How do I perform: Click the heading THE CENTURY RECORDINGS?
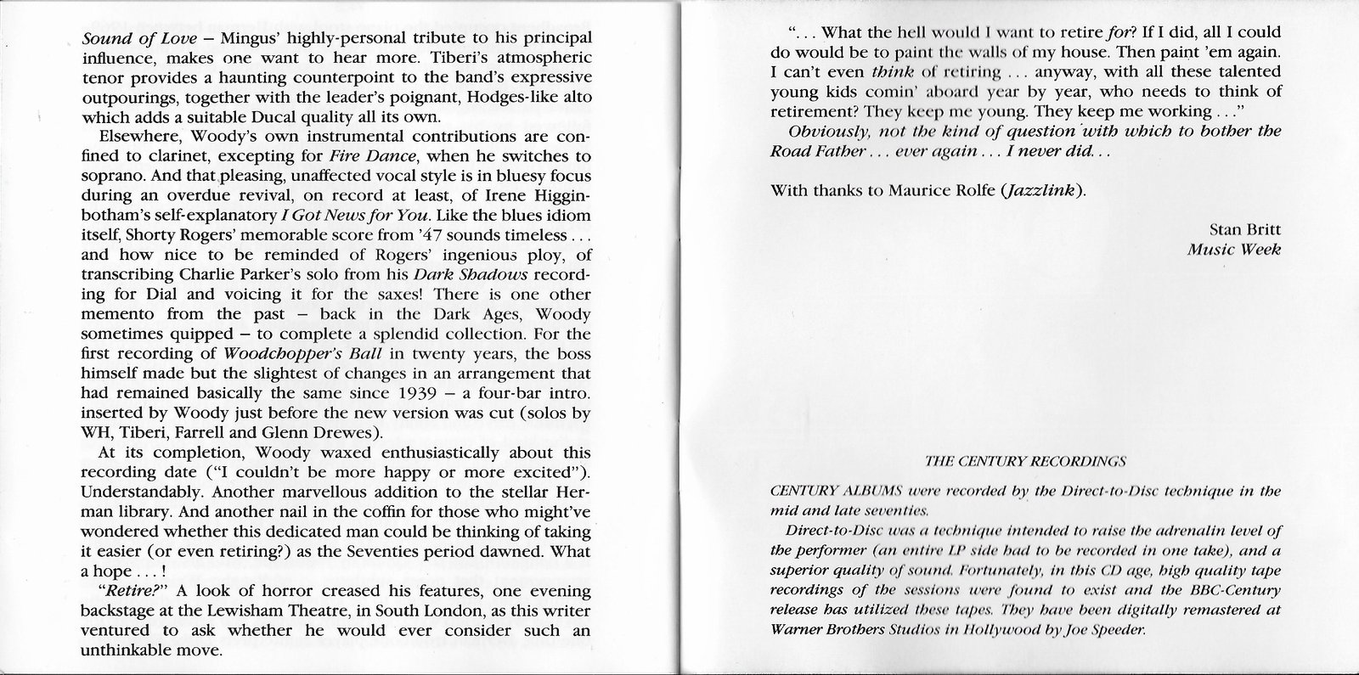point(1024,462)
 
